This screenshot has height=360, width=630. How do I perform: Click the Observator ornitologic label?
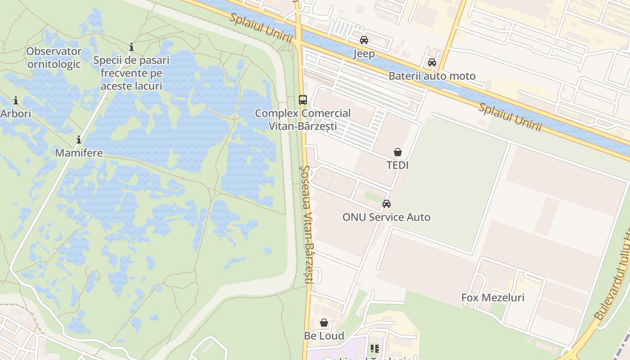click(x=54, y=58)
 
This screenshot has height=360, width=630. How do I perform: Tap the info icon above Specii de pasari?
click(x=131, y=47)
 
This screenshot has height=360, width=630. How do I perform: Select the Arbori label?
click(x=16, y=113)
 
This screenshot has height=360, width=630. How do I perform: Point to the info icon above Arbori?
click(x=16, y=100)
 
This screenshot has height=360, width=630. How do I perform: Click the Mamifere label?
click(x=79, y=153)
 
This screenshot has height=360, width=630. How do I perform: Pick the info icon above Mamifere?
click(x=79, y=140)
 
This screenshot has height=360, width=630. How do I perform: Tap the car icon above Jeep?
click(x=364, y=40)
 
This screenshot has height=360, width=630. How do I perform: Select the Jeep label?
click(x=364, y=54)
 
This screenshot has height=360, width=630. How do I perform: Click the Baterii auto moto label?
click(x=432, y=76)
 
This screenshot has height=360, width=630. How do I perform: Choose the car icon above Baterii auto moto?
click(x=432, y=63)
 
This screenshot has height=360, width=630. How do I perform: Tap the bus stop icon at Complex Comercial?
click(x=303, y=100)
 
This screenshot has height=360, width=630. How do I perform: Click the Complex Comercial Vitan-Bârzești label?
click(x=303, y=120)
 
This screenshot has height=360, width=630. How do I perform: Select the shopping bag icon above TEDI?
click(x=398, y=152)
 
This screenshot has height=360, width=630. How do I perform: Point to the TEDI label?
click(x=398, y=165)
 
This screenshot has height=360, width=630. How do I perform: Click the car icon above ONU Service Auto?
click(x=387, y=204)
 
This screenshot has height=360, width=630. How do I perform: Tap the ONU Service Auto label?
click(x=387, y=217)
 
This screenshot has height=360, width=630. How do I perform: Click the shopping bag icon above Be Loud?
click(x=324, y=323)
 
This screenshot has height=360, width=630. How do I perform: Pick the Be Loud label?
click(x=324, y=336)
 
